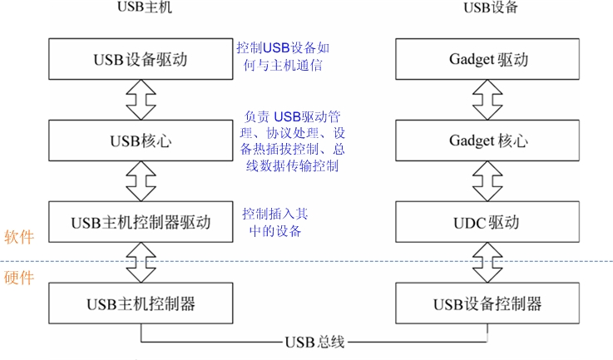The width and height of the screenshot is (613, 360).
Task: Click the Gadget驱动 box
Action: [487, 60]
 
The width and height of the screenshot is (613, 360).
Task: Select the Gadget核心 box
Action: [487, 141]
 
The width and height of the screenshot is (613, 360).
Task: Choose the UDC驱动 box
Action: [487, 222]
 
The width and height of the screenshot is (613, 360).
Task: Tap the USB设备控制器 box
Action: [487, 303]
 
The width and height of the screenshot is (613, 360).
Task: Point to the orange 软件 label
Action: [18, 236]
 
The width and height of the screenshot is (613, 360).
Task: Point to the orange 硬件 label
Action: [18, 278]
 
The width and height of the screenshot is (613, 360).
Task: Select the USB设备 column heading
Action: [487, 9]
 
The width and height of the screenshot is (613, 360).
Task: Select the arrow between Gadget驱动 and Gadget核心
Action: [487, 100]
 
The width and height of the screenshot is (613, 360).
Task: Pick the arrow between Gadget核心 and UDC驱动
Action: [487, 181]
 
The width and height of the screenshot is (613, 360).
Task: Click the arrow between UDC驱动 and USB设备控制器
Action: [487, 262]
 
